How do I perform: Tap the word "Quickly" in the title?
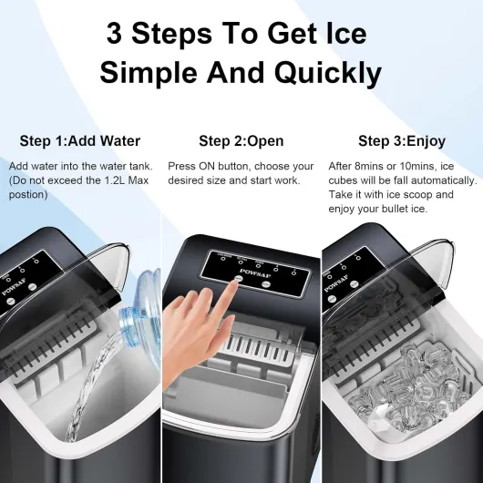(323, 72)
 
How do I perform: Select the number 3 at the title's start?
(116, 34)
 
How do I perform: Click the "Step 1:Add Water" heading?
(80, 141)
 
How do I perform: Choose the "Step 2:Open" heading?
(241, 141)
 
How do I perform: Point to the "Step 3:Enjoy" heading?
(401, 141)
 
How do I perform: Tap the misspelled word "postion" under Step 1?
(26, 195)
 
